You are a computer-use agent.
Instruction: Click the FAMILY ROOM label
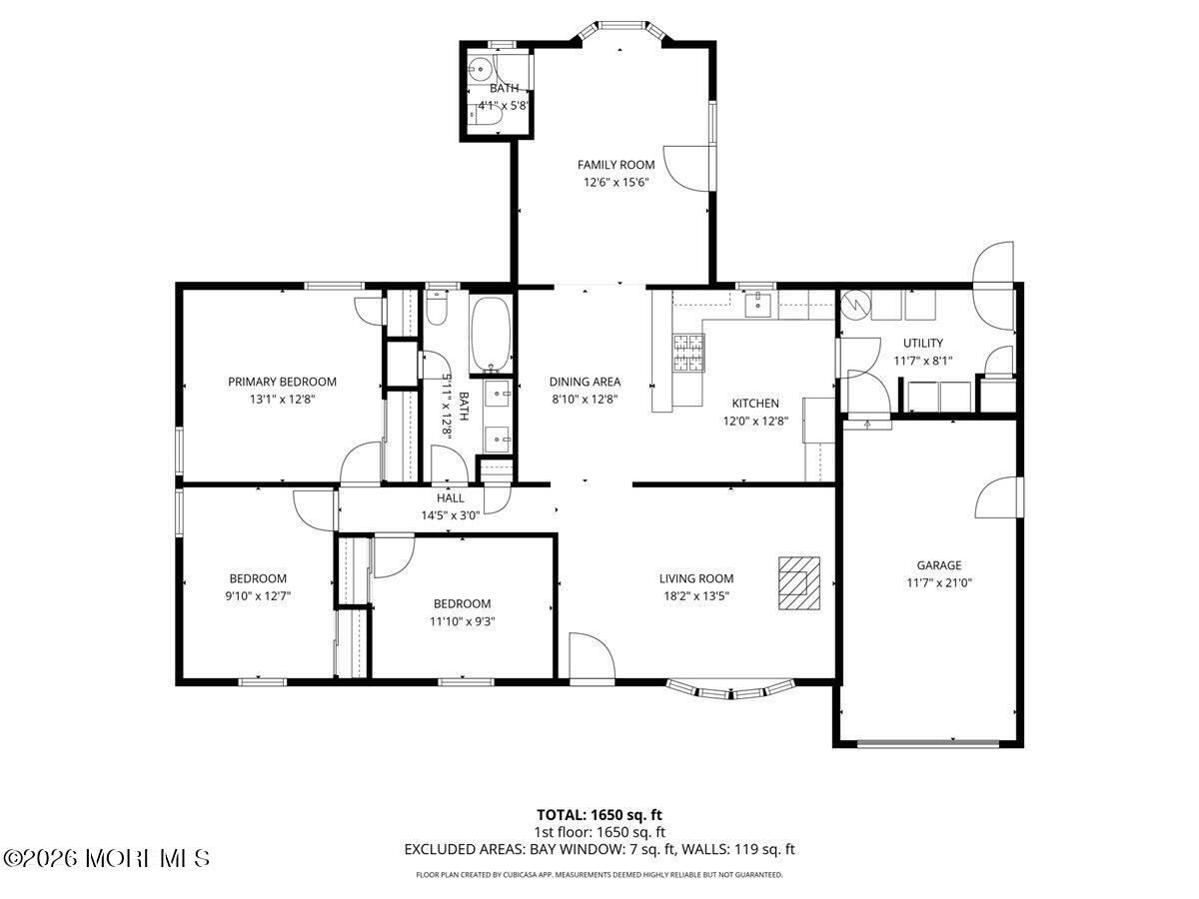click(615, 164)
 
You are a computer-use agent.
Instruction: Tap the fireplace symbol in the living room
click(799, 582)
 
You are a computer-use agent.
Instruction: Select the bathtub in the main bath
click(491, 334)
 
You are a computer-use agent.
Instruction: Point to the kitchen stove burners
click(688, 353)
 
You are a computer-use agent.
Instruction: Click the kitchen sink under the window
click(758, 305)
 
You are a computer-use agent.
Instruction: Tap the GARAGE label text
click(939, 565)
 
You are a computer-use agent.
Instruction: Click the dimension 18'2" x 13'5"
click(696, 595)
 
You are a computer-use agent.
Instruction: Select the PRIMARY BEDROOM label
click(282, 382)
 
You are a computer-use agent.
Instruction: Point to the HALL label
click(450, 497)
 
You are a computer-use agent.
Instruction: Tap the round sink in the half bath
click(481, 69)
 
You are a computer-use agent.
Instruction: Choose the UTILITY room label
click(922, 343)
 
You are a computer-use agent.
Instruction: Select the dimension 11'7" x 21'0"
click(939, 582)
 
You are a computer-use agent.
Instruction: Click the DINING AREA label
click(585, 382)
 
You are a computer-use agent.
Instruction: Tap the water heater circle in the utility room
click(853, 305)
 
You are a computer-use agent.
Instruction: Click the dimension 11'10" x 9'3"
click(463, 621)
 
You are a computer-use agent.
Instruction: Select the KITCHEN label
click(755, 404)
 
